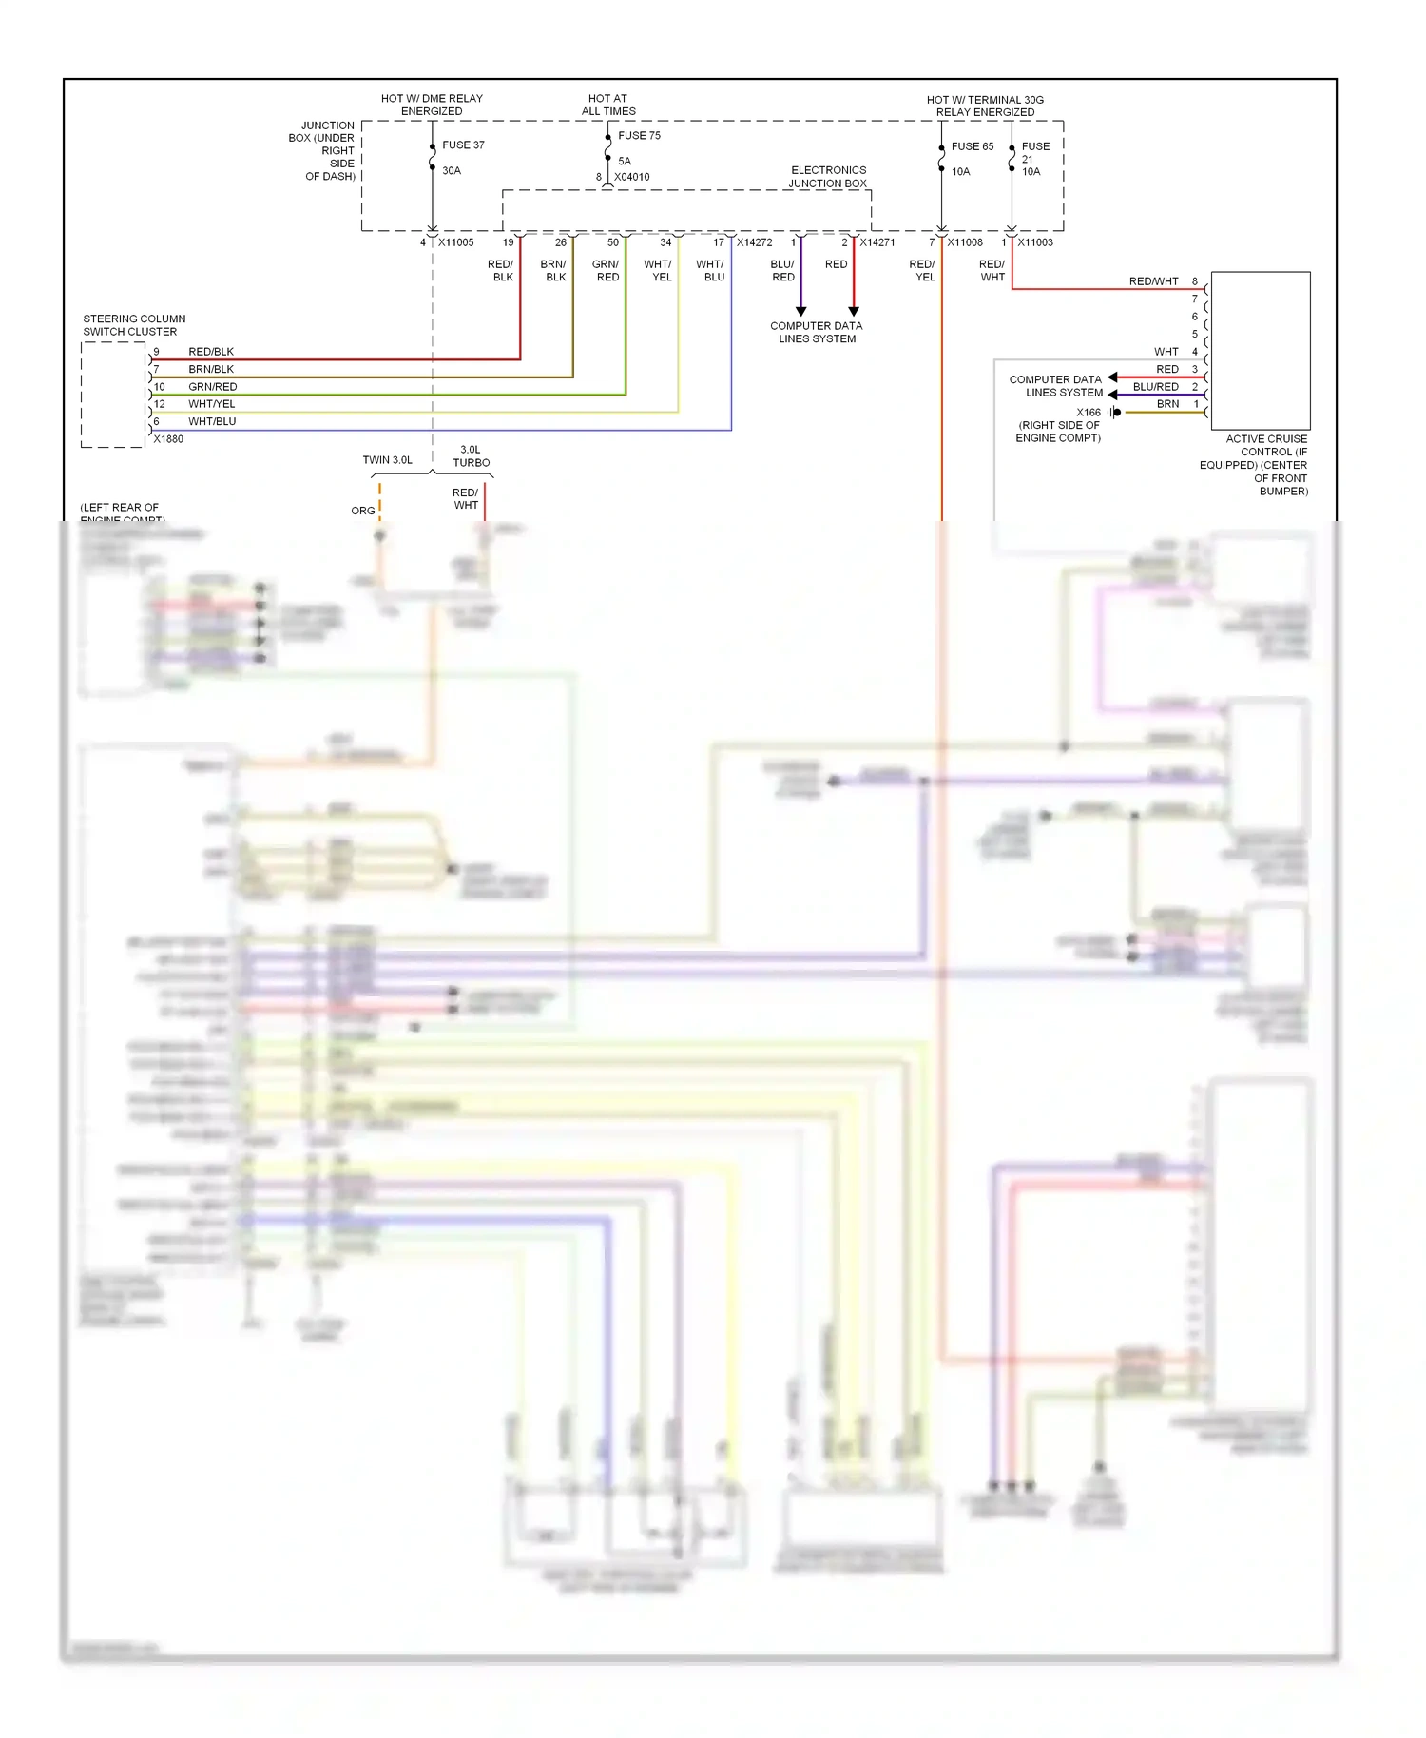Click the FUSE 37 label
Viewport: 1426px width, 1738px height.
(463, 145)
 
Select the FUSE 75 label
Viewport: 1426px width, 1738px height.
(639, 136)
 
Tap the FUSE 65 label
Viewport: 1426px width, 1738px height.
(972, 146)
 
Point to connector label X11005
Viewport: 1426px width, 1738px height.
(455, 242)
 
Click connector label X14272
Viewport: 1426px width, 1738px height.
(754, 242)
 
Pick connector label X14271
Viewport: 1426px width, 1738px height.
(877, 242)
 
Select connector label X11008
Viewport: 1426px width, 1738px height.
(965, 242)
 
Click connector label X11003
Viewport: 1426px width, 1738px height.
(1035, 242)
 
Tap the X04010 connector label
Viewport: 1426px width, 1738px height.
(631, 177)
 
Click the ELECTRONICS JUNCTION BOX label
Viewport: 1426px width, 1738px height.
(828, 177)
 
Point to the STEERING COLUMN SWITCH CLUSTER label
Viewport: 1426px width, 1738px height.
(134, 325)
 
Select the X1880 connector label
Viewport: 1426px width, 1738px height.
(168, 439)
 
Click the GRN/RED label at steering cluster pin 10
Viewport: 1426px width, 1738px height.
(213, 387)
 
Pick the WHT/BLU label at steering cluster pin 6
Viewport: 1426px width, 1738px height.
(212, 421)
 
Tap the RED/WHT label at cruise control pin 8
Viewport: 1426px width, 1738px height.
(1153, 281)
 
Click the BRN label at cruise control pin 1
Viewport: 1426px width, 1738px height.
(1167, 404)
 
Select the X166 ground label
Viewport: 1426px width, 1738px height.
(1089, 413)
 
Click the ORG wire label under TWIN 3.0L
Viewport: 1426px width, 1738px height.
(362, 511)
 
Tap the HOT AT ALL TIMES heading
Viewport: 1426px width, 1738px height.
(608, 105)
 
